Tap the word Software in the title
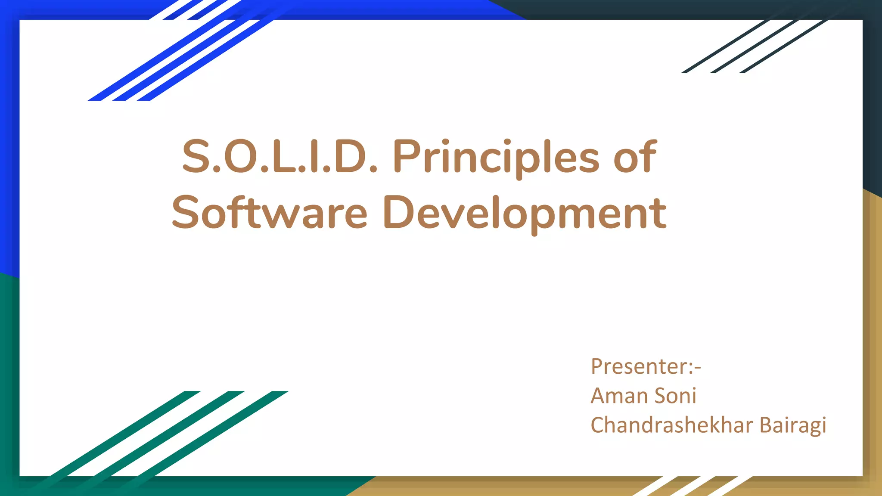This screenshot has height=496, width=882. [270, 213]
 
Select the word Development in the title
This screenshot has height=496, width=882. [525, 213]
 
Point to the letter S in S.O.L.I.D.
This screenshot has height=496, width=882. [195, 157]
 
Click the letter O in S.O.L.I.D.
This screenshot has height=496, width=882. [239, 157]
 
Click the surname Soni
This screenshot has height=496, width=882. [675, 396]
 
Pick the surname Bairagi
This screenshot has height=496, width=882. [793, 425]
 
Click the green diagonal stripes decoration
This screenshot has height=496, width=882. [164, 435]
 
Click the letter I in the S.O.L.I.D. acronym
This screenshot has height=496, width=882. [314, 157]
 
